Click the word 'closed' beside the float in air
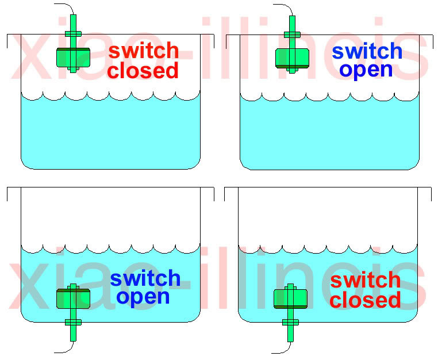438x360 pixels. click(x=143, y=71)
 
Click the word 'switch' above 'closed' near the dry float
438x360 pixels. click(x=143, y=51)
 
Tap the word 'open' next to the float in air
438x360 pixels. click(x=366, y=70)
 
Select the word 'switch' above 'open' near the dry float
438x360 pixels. click(x=367, y=51)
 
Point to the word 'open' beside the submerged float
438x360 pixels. click(x=143, y=297)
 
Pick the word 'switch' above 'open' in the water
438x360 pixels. click(x=145, y=278)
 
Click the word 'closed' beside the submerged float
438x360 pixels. click(x=365, y=300)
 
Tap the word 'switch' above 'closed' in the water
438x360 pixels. click(x=365, y=280)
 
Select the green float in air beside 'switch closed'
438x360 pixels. click(x=74, y=57)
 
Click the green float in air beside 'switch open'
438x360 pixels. click(x=293, y=58)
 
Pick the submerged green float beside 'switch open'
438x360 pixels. click(x=73, y=298)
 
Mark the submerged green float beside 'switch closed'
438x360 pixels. click(x=290, y=298)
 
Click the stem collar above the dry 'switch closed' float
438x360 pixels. click(x=73, y=33)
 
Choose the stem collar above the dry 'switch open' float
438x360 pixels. click(x=292, y=33)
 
